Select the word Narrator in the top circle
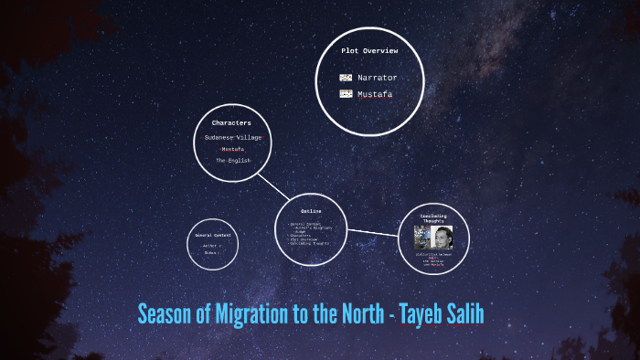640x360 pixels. tap(377, 78)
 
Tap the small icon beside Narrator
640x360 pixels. tap(346, 78)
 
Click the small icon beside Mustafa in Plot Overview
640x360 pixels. tap(346, 94)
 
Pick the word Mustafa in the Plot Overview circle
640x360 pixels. tap(375, 94)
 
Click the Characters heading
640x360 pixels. tap(231, 122)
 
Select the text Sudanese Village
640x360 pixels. tap(232, 137)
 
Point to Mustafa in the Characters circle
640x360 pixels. tap(232, 149)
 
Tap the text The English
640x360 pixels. tap(232, 160)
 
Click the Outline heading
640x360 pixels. tap(311, 211)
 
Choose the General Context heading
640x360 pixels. tap(214, 235)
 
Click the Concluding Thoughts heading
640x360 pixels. tap(433, 218)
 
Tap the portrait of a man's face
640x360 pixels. tap(442, 238)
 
